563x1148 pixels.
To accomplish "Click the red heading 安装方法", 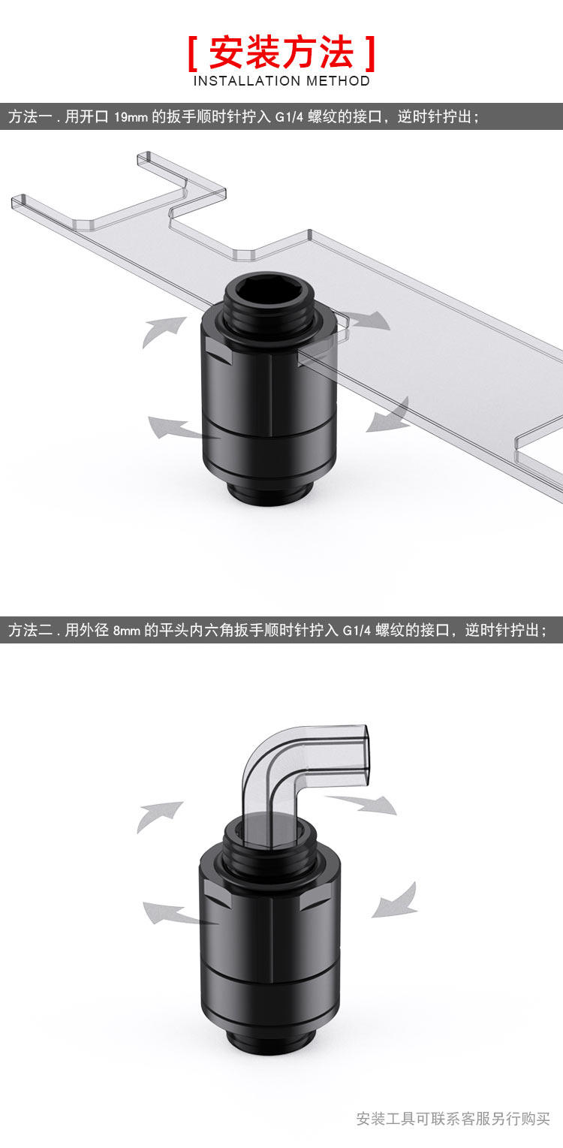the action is pyautogui.click(x=281, y=53).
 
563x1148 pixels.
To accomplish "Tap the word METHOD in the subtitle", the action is pyautogui.click(x=338, y=81).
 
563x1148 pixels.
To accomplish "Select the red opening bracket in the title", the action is pyautogui.click(x=193, y=53).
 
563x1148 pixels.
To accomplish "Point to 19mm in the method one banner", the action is pyautogui.click(x=131, y=117).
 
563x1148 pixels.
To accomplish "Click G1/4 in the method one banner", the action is pyautogui.click(x=290, y=117).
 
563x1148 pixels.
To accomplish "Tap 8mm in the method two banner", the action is pyautogui.click(x=127, y=631).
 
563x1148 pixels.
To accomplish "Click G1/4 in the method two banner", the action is pyautogui.click(x=357, y=631).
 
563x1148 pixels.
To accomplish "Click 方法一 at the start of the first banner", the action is pyautogui.click(x=30, y=117).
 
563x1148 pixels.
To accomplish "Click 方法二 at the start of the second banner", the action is pyautogui.click(x=30, y=631).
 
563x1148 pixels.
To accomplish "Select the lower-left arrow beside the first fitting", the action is pyautogui.click(x=174, y=429).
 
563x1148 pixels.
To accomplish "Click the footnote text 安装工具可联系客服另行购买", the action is pyautogui.click(x=453, y=1119).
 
